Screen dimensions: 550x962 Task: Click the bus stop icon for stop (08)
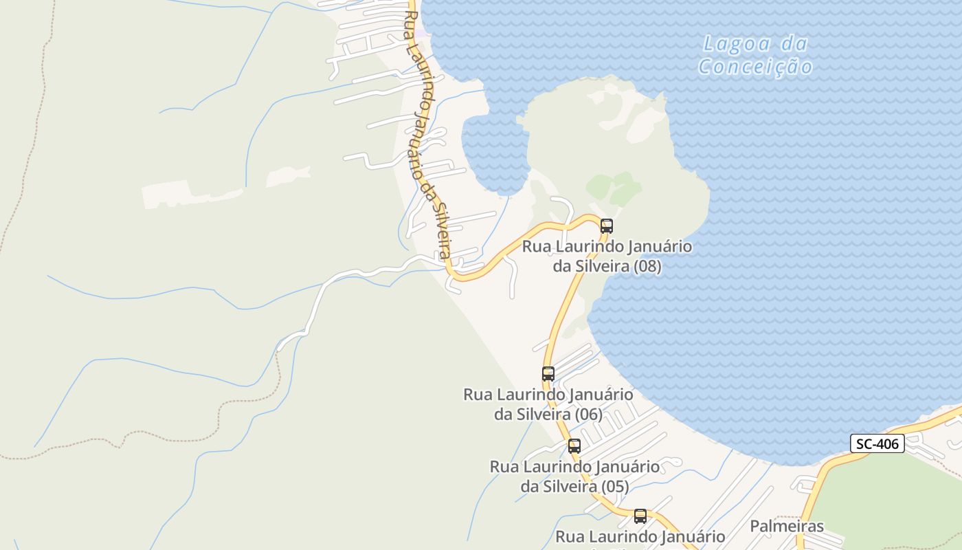point(606,225)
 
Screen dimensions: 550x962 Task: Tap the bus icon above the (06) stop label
point(548,374)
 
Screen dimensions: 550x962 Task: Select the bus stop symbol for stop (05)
point(574,445)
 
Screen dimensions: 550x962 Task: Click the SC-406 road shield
point(877,443)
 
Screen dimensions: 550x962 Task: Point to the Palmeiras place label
point(787,527)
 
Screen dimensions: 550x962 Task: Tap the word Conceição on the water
point(756,67)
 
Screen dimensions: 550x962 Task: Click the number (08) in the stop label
point(647,266)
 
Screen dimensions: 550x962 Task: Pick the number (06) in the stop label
point(588,415)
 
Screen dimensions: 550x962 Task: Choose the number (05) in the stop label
point(614,487)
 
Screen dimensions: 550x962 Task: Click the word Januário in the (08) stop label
point(660,246)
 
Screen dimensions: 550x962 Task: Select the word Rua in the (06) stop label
point(478,395)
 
